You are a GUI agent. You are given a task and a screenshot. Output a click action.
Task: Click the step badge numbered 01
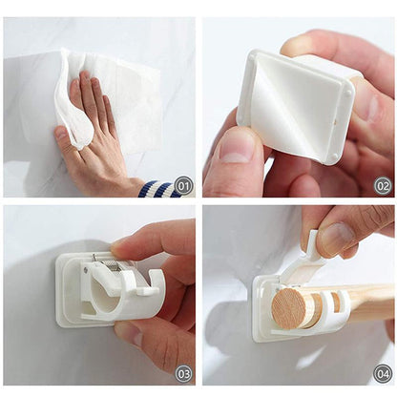point(183,185)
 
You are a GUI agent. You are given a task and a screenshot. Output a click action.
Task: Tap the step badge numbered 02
point(382,185)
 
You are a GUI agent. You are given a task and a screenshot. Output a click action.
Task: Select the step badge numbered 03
point(183,372)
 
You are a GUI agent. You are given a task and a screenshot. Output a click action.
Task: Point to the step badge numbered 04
point(382,372)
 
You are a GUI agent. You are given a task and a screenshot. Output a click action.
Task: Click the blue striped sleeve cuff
point(158,188)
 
